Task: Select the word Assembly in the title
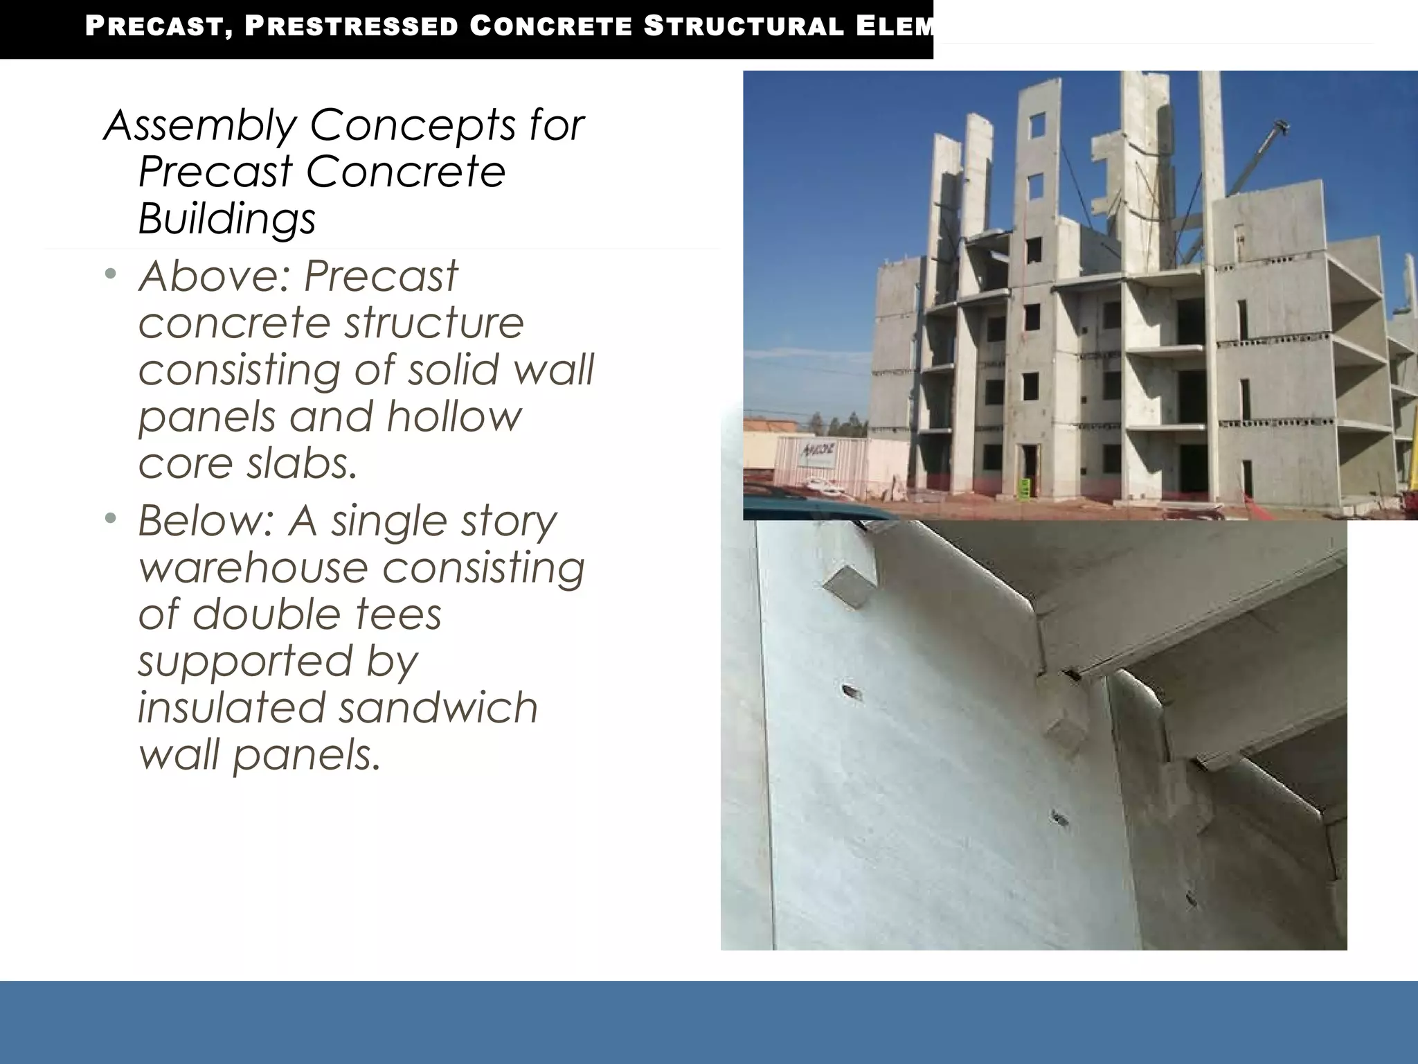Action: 199,126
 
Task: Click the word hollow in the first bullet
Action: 454,416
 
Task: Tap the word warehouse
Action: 253,567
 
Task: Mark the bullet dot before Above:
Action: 111,276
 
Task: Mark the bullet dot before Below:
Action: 111,519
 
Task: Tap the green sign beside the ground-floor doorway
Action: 1024,486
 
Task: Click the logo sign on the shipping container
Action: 819,454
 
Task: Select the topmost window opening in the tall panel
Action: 1036,125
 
